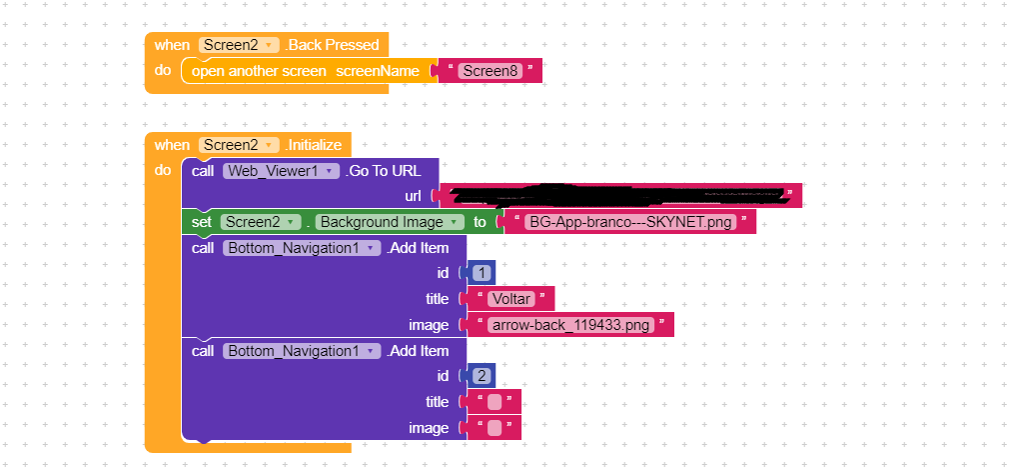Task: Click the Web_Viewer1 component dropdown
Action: pos(281,171)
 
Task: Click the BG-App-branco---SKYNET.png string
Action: pos(630,222)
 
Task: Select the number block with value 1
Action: pos(483,273)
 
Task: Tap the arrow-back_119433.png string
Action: pos(570,325)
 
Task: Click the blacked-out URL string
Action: pos(619,195)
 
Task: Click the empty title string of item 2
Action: pos(495,402)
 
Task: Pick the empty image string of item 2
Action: pos(495,428)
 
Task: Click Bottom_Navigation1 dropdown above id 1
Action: pos(302,248)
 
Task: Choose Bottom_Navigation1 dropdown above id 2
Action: pos(302,351)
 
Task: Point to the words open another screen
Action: pos(259,71)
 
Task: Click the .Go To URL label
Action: pos(384,171)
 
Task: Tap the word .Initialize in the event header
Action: pos(314,145)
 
